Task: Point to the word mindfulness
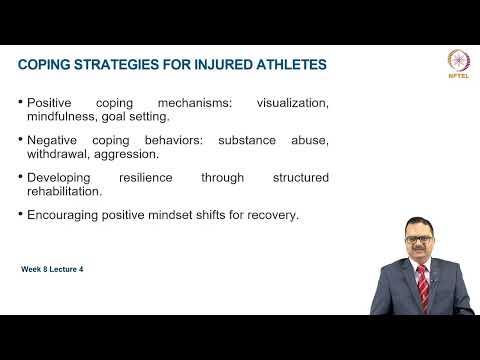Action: pyautogui.click(x=63, y=117)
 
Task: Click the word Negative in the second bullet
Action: pyautogui.click(x=56, y=139)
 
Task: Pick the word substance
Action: pyautogui.click(x=260, y=139)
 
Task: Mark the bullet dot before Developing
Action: pyautogui.click(x=21, y=177)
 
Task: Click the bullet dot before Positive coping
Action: pyautogui.click(x=21, y=102)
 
